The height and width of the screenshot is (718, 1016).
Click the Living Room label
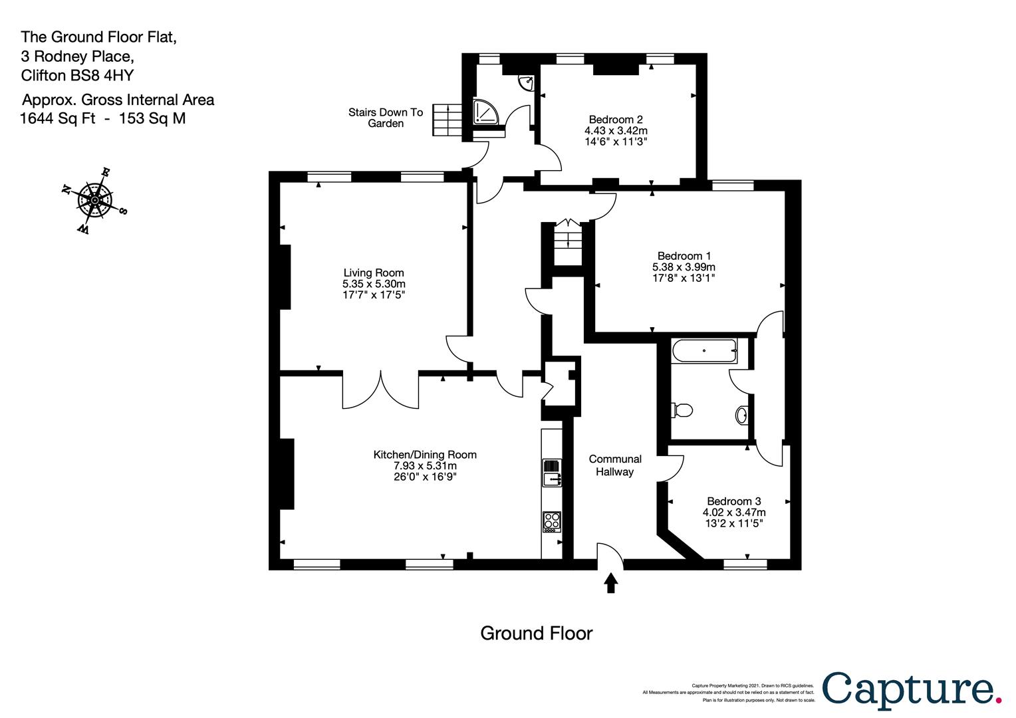373,273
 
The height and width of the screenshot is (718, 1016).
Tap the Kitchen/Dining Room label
425,455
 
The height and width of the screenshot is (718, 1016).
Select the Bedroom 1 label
684,256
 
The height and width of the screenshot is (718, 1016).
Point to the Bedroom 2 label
616,119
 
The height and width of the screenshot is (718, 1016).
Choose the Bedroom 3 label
734,501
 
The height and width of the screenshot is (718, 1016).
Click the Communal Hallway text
615,465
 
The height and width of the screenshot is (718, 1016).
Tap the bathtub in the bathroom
704,350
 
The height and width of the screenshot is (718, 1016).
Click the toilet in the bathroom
682,410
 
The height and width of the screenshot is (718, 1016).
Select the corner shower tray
486,112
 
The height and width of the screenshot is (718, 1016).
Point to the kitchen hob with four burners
552,522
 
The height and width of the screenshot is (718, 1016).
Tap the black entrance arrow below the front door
611,583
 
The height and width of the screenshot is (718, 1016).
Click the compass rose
94,200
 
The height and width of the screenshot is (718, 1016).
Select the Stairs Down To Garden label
386,118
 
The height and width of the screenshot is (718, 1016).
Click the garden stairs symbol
447,120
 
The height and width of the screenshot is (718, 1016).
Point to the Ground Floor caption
537,633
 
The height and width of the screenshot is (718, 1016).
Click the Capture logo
912,691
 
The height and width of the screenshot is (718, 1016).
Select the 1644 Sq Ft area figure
58,118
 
